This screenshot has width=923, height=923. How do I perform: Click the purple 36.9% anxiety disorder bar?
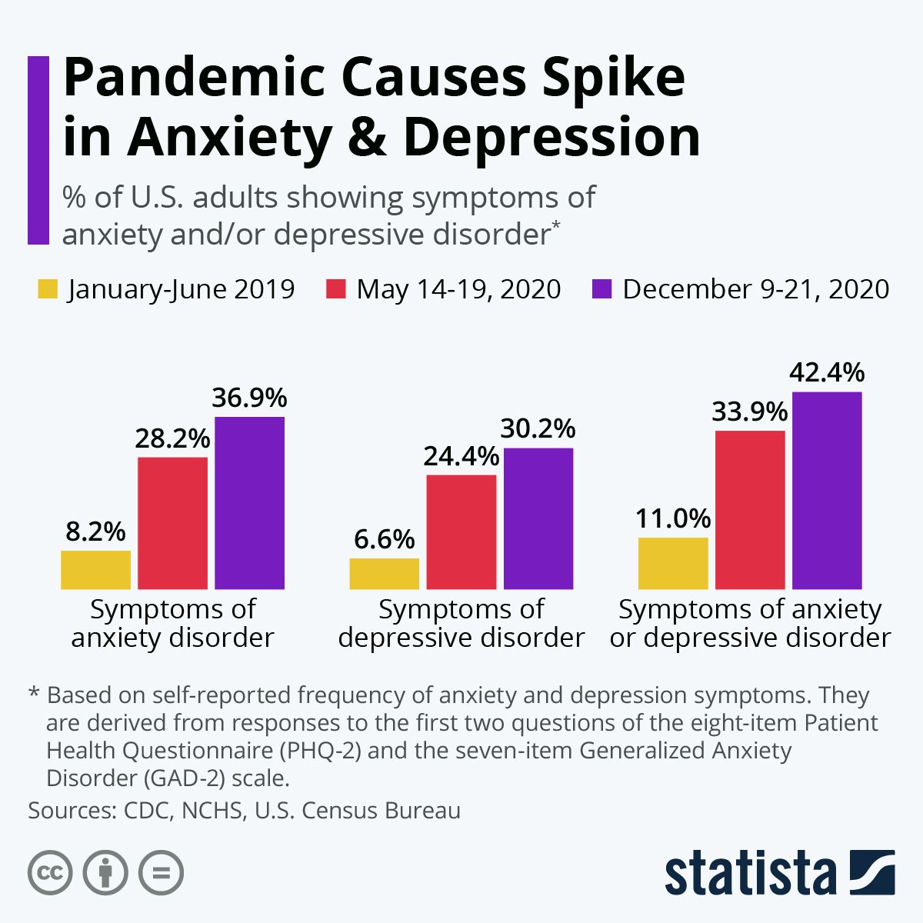[249, 503]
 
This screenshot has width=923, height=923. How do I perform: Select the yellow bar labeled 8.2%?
[95, 570]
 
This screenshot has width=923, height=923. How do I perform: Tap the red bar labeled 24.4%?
[461, 532]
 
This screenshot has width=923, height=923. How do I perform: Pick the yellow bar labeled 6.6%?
[384, 574]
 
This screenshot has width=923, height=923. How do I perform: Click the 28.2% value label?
[172, 438]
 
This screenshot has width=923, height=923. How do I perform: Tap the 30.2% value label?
[538, 428]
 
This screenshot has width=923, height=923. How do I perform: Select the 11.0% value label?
[673, 518]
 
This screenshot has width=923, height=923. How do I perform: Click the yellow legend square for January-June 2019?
[48, 289]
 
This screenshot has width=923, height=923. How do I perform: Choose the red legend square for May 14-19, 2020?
[337, 289]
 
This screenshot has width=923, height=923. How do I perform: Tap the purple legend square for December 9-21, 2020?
[602, 289]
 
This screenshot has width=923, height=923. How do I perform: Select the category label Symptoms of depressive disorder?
[461, 623]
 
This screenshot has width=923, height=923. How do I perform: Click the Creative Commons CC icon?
[50, 873]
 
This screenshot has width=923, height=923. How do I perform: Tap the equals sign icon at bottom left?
[162, 873]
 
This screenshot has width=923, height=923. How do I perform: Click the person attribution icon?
[105, 873]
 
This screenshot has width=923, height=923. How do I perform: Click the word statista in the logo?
[750, 874]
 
